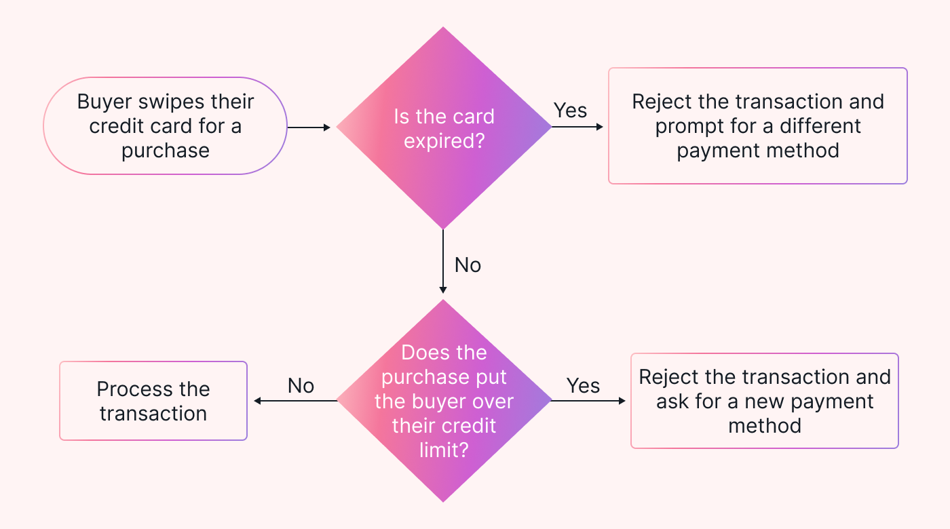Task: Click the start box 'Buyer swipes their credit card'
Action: pos(166,126)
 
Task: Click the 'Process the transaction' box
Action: pos(153,401)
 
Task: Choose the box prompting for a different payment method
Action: pos(757,125)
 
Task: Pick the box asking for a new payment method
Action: pos(764,401)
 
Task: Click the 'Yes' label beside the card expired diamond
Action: pos(570,110)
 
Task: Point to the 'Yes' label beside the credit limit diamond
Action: pos(583,385)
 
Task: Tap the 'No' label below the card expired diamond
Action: pos(468,264)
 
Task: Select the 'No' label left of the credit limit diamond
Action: pos(301,385)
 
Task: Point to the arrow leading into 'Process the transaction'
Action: pos(295,401)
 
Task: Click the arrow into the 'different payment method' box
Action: pos(577,127)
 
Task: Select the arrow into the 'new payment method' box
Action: pos(588,401)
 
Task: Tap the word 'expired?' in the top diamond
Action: pos(444,141)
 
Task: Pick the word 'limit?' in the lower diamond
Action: pos(444,450)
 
